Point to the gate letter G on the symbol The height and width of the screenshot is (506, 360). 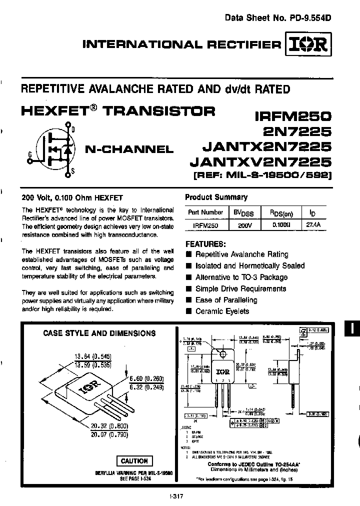(30, 155)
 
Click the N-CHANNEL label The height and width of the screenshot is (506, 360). (128, 148)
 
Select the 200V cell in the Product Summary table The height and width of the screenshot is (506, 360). (242, 225)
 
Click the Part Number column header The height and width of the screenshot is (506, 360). (205, 212)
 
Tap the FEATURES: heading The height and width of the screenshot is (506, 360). (205, 244)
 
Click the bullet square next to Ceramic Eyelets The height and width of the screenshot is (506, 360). (188, 311)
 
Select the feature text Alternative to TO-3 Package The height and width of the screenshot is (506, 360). (241, 277)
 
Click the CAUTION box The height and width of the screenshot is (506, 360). (134, 460)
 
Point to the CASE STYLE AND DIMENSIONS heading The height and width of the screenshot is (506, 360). (99, 333)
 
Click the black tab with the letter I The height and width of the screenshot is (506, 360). (351, 328)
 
